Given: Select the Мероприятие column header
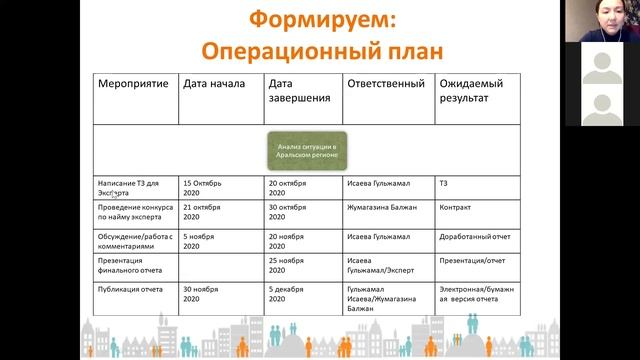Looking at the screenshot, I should tap(127, 83).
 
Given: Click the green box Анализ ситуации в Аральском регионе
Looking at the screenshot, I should tap(305, 151).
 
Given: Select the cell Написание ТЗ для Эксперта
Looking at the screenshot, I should tap(127, 189).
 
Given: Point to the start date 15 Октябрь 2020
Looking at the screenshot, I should tap(209, 189).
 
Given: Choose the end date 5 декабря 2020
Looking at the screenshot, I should tap(293, 292).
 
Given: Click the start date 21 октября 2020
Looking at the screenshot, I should tap(209, 212).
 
